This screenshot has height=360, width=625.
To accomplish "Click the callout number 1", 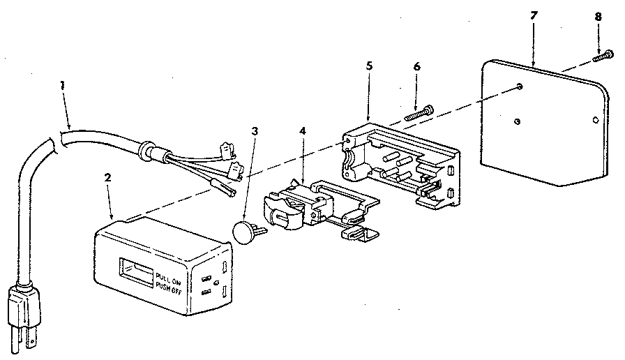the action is coord(62,85).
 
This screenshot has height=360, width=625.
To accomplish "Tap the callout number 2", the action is coord(107,178).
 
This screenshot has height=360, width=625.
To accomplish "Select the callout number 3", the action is coord(255,131).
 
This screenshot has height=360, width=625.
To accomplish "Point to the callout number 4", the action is coord(303,130).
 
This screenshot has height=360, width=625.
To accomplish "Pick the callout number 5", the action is coord(369,66).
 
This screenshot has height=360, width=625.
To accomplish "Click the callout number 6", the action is coord(416,66).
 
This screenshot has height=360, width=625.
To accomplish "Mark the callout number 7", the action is coord(534,15).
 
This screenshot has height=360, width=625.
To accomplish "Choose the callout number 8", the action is coord(598,17).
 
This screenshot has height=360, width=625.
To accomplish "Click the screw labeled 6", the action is coord(419,112).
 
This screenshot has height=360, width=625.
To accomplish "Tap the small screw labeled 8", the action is coord(603,56).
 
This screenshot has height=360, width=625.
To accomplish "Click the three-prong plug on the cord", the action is coord(24,315).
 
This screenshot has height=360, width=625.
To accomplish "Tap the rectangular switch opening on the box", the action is coord(135,272).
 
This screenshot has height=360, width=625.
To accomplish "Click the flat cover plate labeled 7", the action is coord(544,123).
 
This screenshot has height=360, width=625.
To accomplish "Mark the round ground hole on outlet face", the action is coord(216,283).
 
